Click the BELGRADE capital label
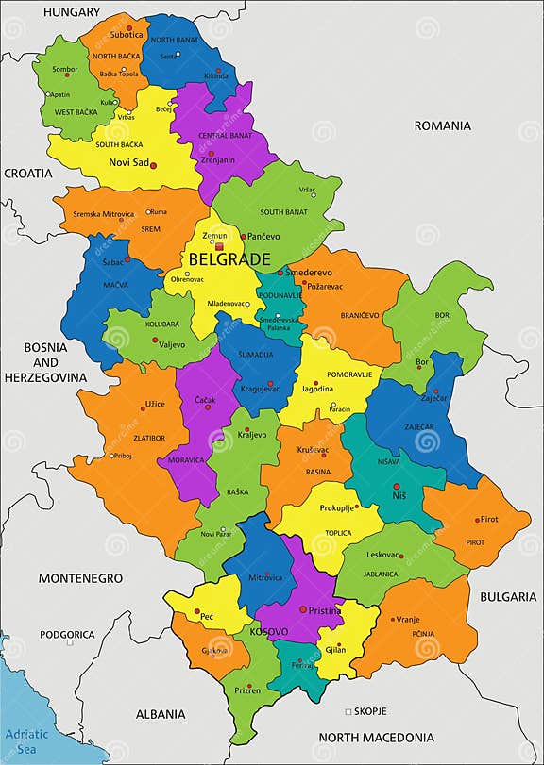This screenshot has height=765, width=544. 229,258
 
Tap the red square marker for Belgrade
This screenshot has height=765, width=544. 219,246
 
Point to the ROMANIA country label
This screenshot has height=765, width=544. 441,125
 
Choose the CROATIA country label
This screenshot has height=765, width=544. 28,174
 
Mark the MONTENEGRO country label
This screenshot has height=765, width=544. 80,577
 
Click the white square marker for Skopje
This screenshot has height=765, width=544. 348,710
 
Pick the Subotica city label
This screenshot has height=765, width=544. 126,35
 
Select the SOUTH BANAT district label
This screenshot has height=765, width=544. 283,212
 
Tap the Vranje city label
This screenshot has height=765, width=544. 408,619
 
